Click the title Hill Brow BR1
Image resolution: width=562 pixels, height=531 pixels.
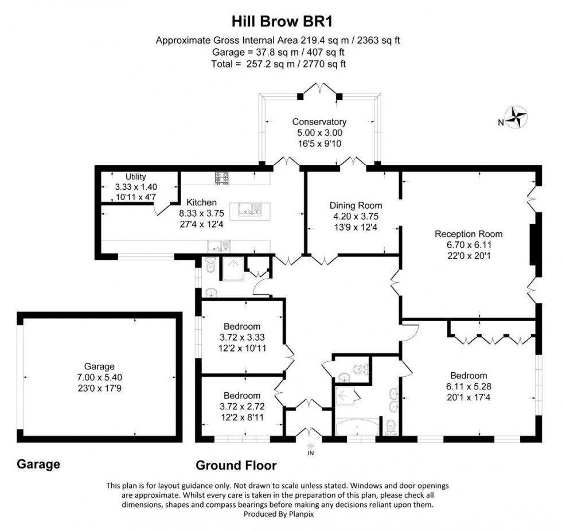tap(282, 21)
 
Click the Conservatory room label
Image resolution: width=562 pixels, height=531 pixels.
tap(319, 122)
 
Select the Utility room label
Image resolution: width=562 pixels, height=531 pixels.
tap(136, 177)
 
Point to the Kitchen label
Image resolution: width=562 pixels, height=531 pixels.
tap(197, 202)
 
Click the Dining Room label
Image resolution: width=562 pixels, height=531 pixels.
tap(356, 205)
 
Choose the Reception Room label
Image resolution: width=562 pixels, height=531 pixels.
tap(468, 234)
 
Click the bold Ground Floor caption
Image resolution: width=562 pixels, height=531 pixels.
tap(236, 465)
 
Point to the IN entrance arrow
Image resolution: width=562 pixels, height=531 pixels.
tap(311, 448)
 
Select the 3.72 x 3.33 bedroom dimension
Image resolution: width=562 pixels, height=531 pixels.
tap(241, 337)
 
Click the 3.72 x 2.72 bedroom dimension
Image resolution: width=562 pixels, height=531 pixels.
tap(241, 406)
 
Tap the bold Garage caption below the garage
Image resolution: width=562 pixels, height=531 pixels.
tap(38, 464)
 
